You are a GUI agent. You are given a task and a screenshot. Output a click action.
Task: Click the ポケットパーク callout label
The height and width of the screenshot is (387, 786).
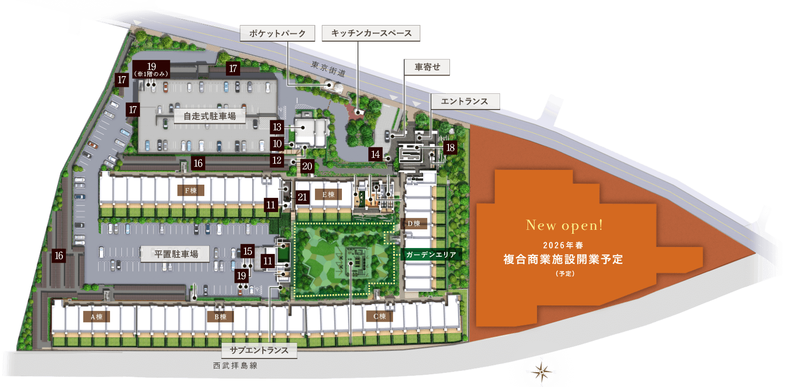pyautogui.click(x=277, y=33)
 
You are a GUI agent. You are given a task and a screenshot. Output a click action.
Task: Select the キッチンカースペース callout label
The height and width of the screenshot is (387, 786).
pyautogui.click(x=371, y=33)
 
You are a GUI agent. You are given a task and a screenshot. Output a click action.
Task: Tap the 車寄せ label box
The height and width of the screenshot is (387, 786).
pyautogui.click(x=427, y=67)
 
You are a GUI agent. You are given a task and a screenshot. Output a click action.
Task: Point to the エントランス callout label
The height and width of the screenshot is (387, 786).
pyautogui.click(x=465, y=102)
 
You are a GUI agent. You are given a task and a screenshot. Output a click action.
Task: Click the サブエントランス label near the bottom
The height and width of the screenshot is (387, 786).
pyautogui.click(x=259, y=350)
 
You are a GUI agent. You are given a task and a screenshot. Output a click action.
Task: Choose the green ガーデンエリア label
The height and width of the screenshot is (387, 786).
pyautogui.click(x=431, y=255)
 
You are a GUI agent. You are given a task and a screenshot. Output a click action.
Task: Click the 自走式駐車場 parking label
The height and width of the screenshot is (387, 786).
pyautogui.click(x=210, y=116)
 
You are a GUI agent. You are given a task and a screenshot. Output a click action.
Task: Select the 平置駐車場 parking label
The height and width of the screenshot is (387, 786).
pyautogui.click(x=176, y=254)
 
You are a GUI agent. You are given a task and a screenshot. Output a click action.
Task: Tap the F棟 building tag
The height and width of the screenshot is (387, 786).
pyautogui.click(x=191, y=191)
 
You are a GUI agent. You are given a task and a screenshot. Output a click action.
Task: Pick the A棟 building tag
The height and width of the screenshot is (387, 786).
pyautogui.click(x=96, y=317)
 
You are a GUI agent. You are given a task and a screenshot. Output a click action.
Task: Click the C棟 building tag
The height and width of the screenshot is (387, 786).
pyautogui.click(x=379, y=316)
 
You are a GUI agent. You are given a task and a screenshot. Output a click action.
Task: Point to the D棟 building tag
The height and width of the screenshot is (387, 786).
pyautogui.click(x=414, y=223)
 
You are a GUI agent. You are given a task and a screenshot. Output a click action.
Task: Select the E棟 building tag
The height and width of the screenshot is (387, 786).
pyautogui.click(x=328, y=194)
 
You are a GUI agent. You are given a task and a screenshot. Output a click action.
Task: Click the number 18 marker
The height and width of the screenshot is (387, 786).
pyautogui.click(x=450, y=147)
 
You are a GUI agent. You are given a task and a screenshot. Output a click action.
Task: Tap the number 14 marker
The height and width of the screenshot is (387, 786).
pyautogui.click(x=375, y=154)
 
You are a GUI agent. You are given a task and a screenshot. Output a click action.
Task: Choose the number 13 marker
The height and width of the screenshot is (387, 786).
pyautogui.click(x=277, y=127)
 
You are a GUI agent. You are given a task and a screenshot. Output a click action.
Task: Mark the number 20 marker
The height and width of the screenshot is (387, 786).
pyautogui.click(x=307, y=166)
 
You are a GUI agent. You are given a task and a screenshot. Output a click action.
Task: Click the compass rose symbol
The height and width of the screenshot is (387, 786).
pyautogui.click(x=541, y=371)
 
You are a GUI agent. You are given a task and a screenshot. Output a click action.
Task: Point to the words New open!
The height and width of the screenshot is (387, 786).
pyautogui.click(x=564, y=225)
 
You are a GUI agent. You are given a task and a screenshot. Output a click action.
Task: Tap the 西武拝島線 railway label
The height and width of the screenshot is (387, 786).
pyautogui.click(x=235, y=365)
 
